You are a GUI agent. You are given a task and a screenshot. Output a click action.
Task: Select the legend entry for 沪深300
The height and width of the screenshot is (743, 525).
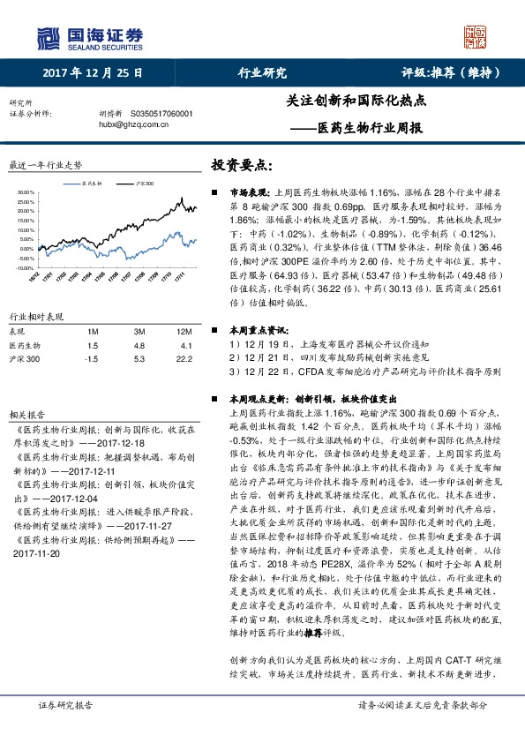(x=140, y=184)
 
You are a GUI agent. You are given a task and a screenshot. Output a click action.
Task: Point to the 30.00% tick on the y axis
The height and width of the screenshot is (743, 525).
(x=24, y=191)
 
